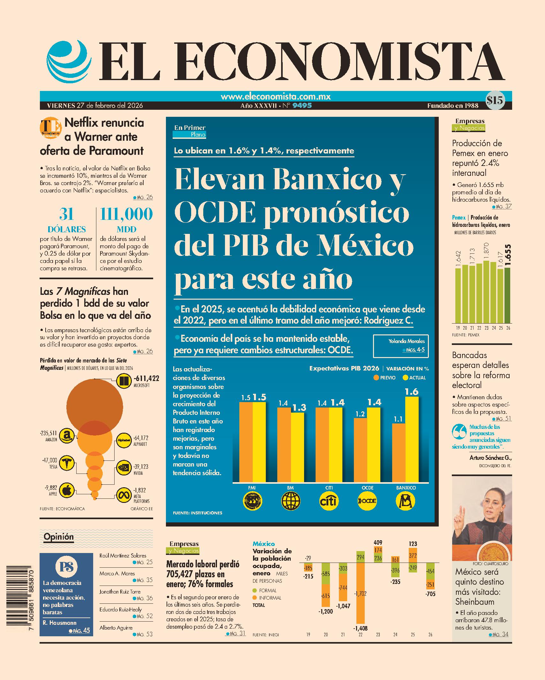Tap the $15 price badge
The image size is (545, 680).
(495, 101)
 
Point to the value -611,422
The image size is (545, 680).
(146, 378)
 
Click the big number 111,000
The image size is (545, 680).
(126, 214)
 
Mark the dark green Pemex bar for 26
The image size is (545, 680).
(507, 295)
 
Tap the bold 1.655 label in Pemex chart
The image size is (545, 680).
(508, 255)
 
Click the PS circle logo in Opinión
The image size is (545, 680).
(66, 566)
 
